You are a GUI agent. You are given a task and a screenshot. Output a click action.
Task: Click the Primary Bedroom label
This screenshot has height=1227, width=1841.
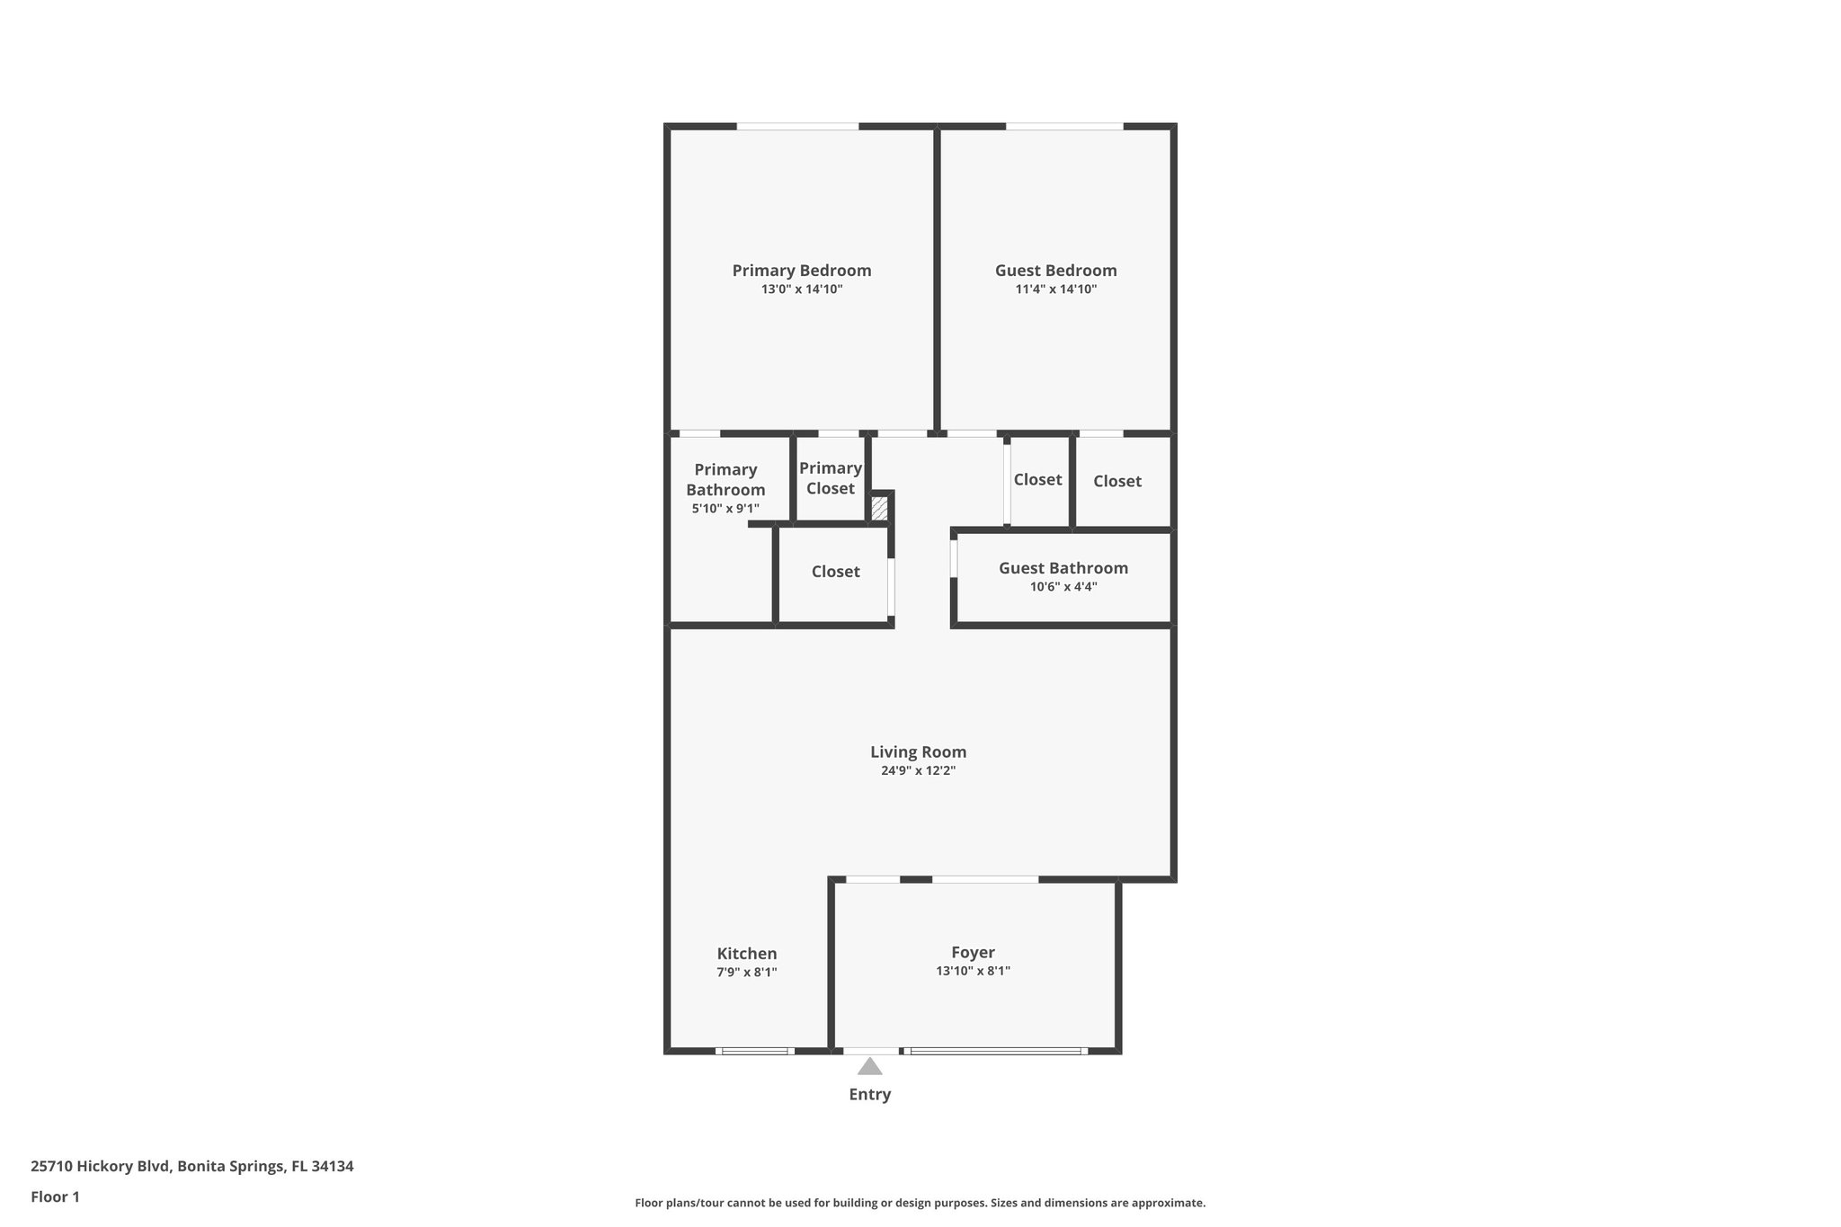pos(801,271)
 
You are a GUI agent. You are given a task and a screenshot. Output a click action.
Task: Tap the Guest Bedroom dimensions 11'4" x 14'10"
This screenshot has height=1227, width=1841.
pos(1055,289)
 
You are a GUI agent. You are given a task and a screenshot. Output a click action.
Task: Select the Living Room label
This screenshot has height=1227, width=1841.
pos(918,751)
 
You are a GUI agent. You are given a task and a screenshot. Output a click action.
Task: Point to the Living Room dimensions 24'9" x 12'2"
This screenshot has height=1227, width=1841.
pos(918,770)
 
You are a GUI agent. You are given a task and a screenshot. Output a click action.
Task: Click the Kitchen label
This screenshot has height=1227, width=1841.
pos(746,953)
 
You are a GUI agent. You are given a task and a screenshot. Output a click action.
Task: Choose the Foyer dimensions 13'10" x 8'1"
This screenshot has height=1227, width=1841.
pos(973,971)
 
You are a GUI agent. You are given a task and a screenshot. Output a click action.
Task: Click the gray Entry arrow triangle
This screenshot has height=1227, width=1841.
pos(869,1067)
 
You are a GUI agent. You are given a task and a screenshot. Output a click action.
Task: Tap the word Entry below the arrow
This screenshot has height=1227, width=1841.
pos(869,1094)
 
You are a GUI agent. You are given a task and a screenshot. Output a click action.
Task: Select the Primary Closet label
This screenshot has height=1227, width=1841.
pos(830,478)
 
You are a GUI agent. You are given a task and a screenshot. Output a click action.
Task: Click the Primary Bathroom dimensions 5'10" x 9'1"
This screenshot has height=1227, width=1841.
pos(725,509)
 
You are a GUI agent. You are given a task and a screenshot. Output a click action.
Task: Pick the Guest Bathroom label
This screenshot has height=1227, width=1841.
pos(1063,568)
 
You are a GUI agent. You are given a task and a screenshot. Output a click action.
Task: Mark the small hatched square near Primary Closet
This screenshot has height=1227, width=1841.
pos(879,509)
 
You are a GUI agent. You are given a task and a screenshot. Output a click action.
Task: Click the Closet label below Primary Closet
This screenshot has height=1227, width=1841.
pos(835,572)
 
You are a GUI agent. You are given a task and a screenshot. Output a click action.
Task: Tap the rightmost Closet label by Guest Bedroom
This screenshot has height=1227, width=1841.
pos(1116,481)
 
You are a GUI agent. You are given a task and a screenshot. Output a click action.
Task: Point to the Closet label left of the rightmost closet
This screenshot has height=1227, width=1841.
pos(1037,480)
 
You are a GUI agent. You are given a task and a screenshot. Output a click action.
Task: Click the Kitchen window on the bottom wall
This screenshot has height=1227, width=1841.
pos(754,1050)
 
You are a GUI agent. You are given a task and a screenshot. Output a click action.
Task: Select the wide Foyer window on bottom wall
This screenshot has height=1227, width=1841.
pos(995,1050)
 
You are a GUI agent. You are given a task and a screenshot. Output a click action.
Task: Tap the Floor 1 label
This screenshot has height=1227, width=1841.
pos(55,1197)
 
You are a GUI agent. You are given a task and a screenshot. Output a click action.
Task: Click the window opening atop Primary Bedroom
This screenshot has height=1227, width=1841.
pos(797,127)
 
